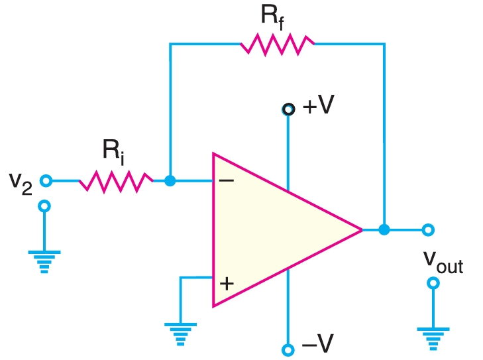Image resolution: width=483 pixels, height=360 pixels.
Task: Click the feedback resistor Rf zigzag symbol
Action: coord(277,44)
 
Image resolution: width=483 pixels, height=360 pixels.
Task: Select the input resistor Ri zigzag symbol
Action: coord(116,180)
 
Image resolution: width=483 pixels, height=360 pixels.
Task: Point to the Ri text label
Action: coord(113,152)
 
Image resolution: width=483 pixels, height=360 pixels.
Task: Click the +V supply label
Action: coord(317,107)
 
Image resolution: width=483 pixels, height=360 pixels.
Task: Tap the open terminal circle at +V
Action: coord(288,109)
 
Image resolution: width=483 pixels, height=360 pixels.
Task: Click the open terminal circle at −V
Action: coord(288,349)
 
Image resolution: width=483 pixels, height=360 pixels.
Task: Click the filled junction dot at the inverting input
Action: coord(170,180)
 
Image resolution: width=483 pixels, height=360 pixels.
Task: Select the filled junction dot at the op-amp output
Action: coord(384,230)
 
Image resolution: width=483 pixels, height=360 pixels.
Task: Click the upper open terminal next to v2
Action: coord(45,180)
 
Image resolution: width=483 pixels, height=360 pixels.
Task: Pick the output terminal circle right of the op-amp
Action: coord(428,230)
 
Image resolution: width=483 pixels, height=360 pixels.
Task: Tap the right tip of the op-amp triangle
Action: coord(361,230)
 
